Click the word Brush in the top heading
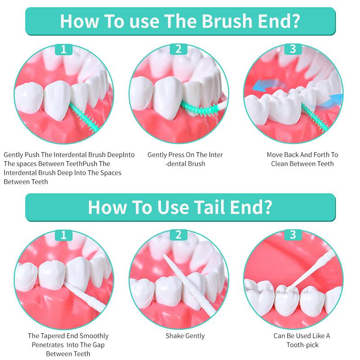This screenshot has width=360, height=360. (227, 21)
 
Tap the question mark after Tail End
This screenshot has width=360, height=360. (267, 207)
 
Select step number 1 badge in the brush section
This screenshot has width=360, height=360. (63, 49)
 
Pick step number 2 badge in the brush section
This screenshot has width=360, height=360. (178, 49)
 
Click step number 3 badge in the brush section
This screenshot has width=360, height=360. (293, 49)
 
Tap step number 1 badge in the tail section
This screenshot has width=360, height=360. (63, 235)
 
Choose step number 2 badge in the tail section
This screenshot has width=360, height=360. (178, 235)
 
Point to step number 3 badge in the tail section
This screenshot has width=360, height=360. (293, 235)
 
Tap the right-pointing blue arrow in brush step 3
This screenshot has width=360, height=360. (331, 101)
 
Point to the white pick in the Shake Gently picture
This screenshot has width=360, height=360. (189, 285)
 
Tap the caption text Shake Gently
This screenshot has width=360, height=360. (185, 336)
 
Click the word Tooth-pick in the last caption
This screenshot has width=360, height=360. (302, 345)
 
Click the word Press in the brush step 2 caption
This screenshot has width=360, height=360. (176, 155)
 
